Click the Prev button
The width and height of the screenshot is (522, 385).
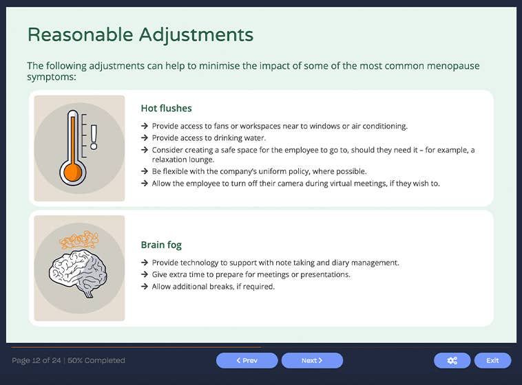(x=247, y=360)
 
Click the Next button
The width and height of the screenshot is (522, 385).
(x=312, y=360)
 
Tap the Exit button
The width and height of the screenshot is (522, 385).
(x=492, y=360)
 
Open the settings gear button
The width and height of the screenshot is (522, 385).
(x=452, y=360)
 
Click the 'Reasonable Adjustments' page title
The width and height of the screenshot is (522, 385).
(x=140, y=34)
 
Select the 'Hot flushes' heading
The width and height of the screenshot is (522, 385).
(x=166, y=108)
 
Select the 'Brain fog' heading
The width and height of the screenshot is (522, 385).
(x=161, y=245)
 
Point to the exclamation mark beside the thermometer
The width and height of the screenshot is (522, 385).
(x=94, y=136)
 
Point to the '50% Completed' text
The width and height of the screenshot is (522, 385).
(x=96, y=360)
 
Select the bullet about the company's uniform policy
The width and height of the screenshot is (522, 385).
(x=259, y=171)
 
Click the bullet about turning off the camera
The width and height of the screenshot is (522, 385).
(x=295, y=183)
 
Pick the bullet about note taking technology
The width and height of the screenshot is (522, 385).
(x=275, y=263)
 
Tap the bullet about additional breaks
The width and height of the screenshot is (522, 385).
(x=213, y=286)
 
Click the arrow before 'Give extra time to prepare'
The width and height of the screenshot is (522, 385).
(x=145, y=274)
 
